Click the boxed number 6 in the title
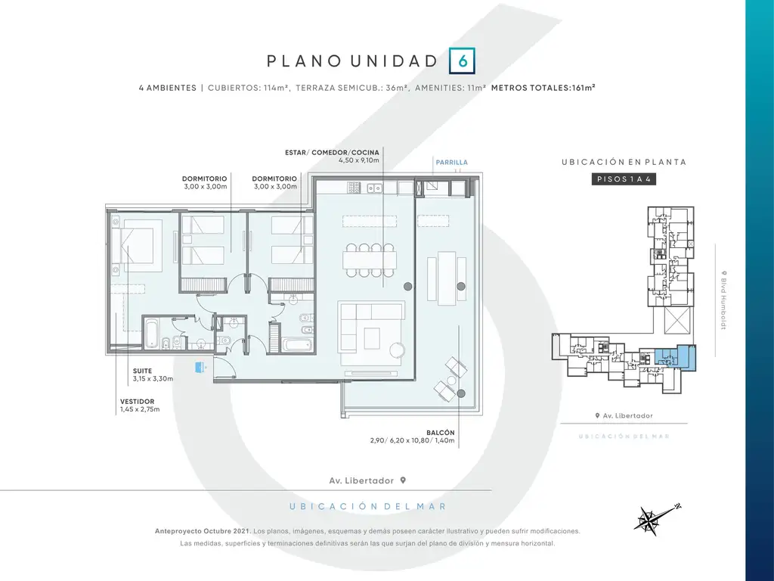click(462, 61)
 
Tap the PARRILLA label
click(451, 162)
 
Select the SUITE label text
click(142, 371)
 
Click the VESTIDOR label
click(138, 402)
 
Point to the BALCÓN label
click(441, 432)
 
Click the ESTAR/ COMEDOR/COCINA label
click(332, 152)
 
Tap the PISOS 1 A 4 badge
click(624, 179)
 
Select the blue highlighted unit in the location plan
click(675, 358)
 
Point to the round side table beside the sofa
click(398, 350)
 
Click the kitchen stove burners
click(354, 188)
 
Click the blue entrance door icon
click(200, 367)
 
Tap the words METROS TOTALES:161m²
click(543, 88)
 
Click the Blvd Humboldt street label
click(724, 300)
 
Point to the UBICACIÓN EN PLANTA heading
click(624, 162)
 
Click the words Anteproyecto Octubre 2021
click(203, 531)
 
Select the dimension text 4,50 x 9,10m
click(359, 160)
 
